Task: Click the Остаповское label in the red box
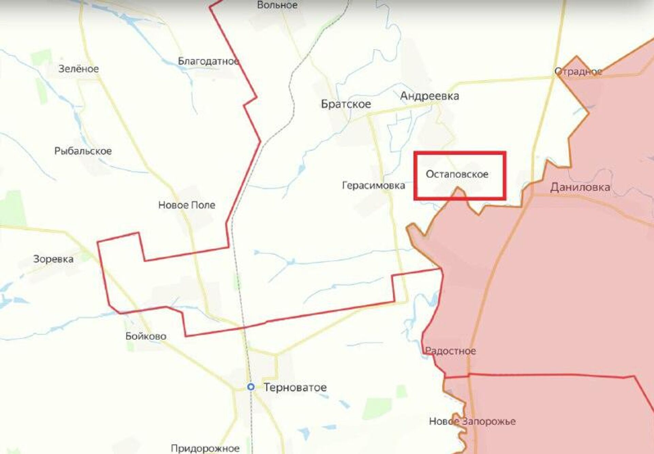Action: [457, 174]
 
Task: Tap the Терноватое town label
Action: [295, 387]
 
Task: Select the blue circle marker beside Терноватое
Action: [251, 387]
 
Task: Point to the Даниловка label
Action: [580, 187]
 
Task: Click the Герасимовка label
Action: [373, 186]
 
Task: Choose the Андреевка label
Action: [429, 96]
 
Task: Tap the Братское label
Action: [346, 104]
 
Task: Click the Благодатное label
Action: [208, 62]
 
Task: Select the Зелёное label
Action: [79, 69]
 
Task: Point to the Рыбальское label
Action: [83, 151]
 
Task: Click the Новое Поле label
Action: [187, 205]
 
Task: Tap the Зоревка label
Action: [53, 259]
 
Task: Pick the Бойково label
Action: [146, 336]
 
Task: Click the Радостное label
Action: [450, 351]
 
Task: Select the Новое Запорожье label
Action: [472, 421]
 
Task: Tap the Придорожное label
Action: [205, 448]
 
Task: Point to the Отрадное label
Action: [578, 72]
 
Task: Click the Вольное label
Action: [277, 5]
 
